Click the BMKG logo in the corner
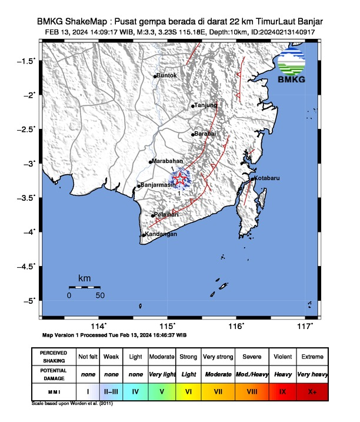292,67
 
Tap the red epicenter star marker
181,179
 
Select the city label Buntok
167,76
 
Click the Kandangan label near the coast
161,235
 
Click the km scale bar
84,287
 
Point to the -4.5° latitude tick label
28,267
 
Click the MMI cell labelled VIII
252,390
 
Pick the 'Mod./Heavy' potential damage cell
252,374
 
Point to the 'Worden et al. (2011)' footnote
91,404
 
